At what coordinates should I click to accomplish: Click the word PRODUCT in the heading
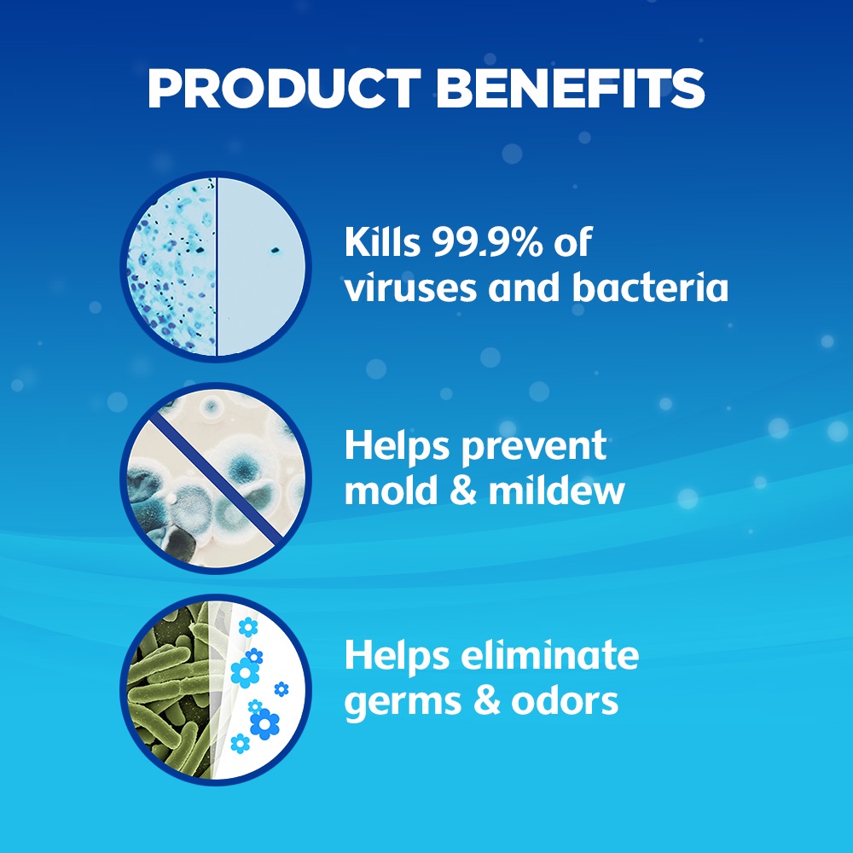pyautogui.click(x=284, y=88)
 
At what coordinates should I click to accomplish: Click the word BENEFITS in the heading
pyautogui.click(x=571, y=88)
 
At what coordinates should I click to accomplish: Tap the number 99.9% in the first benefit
pyautogui.click(x=487, y=241)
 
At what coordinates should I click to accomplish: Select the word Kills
pyautogui.click(x=382, y=241)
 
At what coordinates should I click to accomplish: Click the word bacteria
pyautogui.click(x=649, y=287)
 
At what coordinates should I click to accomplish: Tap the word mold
pyautogui.click(x=392, y=490)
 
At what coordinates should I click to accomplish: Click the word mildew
pyautogui.click(x=556, y=490)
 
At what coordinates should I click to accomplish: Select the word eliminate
pyautogui.click(x=550, y=655)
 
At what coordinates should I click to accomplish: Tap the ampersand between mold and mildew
pyautogui.click(x=463, y=490)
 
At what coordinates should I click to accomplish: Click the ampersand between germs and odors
pyautogui.click(x=486, y=700)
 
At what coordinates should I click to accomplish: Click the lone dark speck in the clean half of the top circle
pyautogui.click(x=275, y=250)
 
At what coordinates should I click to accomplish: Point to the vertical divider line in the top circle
pyautogui.click(x=216, y=265)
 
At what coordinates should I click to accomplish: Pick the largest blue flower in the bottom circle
pyautogui.click(x=265, y=724)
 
